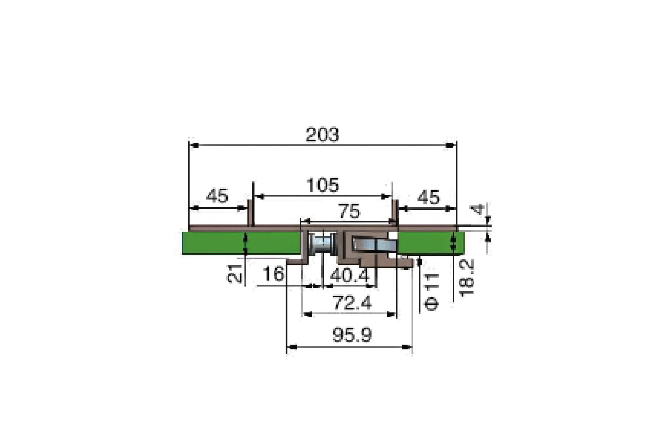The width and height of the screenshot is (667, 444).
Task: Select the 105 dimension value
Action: click(323, 185)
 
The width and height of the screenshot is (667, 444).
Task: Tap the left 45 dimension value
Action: click(217, 196)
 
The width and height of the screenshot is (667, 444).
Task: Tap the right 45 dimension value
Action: click(428, 197)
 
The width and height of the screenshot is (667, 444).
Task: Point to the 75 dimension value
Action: click(349, 211)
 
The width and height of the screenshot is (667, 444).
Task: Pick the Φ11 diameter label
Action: click(431, 292)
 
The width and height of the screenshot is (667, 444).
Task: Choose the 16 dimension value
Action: click(273, 274)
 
